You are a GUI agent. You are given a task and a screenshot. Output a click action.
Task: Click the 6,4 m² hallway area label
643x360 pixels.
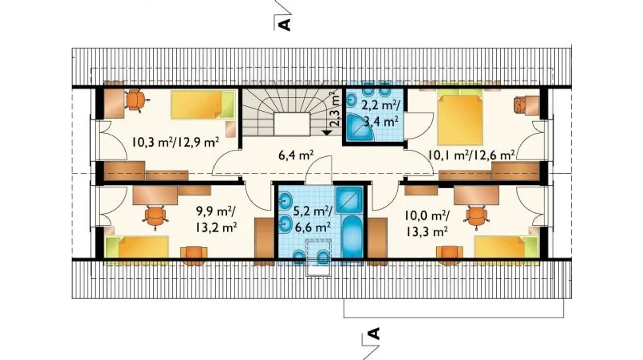(x=296, y=155)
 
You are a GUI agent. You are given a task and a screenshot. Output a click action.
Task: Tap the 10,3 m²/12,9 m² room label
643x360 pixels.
(x=176, y=142)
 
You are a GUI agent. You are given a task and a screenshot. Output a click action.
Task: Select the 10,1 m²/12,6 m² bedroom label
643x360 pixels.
(x=471, y=155)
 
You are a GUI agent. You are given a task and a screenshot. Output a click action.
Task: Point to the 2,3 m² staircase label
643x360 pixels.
(x=334, y=109)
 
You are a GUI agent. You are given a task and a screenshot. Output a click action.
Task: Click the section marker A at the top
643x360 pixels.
(x=285, y=25)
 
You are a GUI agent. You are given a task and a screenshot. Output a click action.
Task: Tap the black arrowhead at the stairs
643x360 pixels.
(x=327, y=133)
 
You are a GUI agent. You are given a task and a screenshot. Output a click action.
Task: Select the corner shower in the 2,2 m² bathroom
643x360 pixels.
(x=359, y=128)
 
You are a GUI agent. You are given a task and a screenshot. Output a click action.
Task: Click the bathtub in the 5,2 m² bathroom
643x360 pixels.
(x=353, y=236)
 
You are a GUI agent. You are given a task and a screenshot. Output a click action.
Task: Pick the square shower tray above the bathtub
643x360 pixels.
(x=349, y=200)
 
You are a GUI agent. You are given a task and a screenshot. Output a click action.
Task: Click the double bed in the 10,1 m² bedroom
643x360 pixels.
(x=459, y=117)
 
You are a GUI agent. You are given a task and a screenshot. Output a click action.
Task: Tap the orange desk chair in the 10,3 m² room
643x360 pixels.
(x=136, y=100)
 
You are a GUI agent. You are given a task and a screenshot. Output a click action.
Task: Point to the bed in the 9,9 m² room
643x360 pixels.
(x=137, y=247)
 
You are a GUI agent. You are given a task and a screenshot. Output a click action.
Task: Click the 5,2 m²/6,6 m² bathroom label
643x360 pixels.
(x=312, y=220)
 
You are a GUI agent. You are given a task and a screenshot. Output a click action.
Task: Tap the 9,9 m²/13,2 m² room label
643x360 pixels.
(x=216, y=220)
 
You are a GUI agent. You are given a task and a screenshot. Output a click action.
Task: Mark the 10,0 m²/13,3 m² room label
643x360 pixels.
(x=427, y=223)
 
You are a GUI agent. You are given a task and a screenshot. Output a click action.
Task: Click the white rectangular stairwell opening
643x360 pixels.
(x=292, y=124)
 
